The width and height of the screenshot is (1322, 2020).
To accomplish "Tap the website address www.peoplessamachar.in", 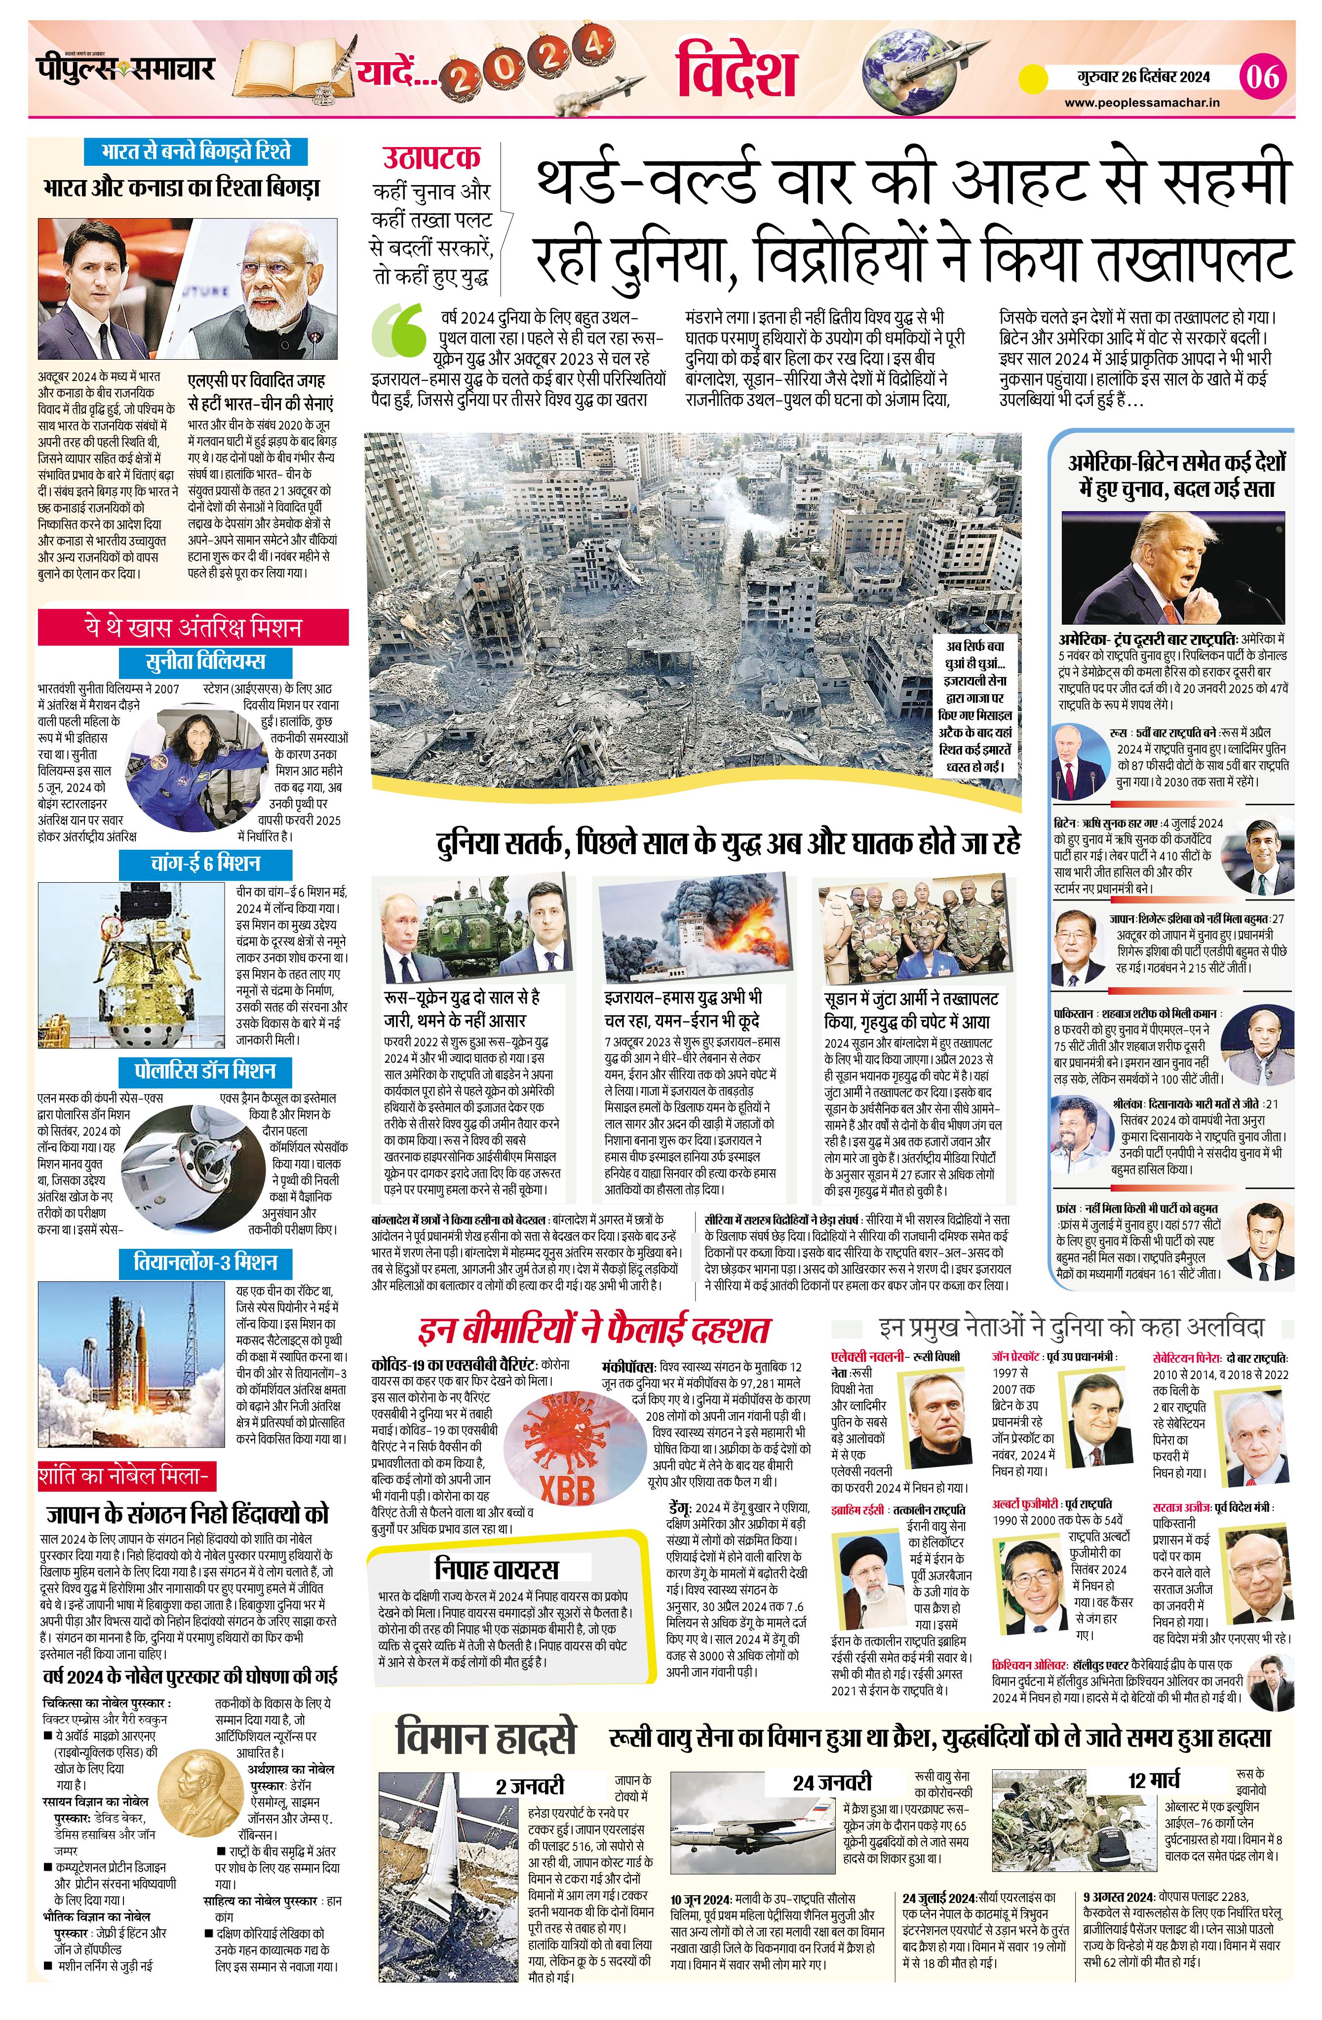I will click(1142, 103).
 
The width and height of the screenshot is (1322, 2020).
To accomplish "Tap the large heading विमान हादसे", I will click(486, 1738).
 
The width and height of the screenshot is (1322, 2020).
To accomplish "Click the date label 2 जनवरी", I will click(530, 1786).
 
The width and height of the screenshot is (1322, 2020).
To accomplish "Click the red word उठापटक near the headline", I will click(431, 158).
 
